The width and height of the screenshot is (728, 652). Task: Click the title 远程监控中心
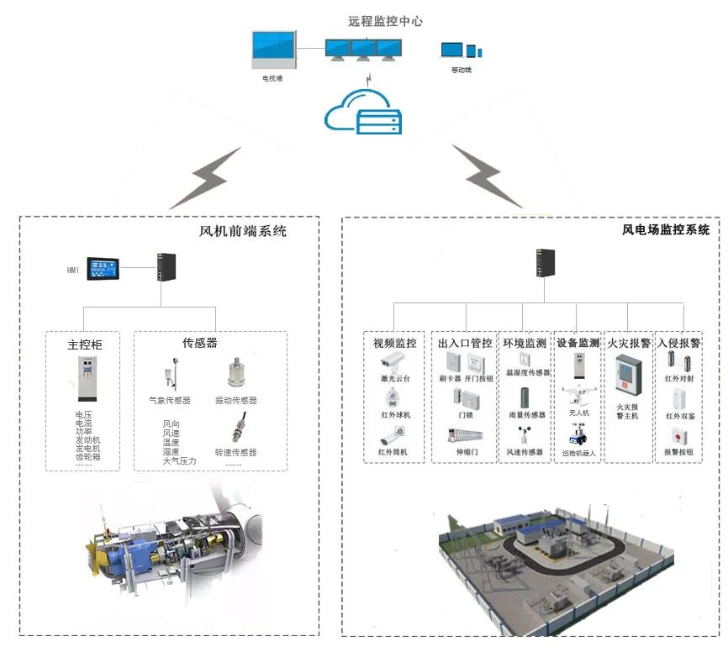(x=385, y=20)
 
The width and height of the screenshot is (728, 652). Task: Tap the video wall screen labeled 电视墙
(x=273, y=50)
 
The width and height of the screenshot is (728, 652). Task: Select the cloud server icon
(x=364, y=117)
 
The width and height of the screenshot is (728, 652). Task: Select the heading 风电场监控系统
(x=665, y=229)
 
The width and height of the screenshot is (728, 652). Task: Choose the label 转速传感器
(x=235, y=452)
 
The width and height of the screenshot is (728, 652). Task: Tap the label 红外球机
(x=393, y=416)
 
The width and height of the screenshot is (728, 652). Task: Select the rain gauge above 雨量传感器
(x=525, y=397)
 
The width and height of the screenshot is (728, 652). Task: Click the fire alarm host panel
(x=627, y=375)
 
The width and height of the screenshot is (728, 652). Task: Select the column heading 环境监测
(x=525, y=343)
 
